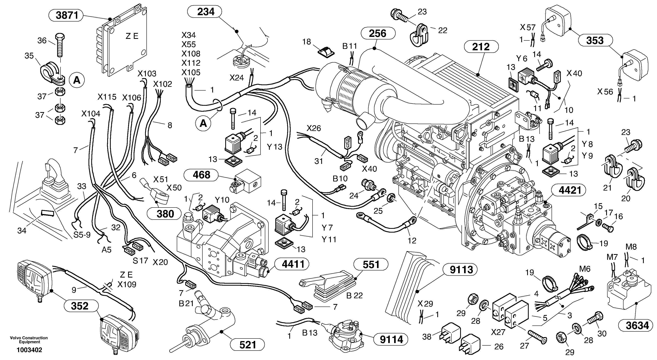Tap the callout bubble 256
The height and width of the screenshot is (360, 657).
[378, 34]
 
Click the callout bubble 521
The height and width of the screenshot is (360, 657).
[247, 345]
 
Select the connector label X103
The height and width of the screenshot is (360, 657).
[147, 74]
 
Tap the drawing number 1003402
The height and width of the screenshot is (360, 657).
[29, 350]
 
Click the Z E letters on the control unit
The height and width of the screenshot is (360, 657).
[132, 36]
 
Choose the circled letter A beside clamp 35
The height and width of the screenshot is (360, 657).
[76, 80]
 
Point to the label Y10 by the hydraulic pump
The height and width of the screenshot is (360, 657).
[222, 200]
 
